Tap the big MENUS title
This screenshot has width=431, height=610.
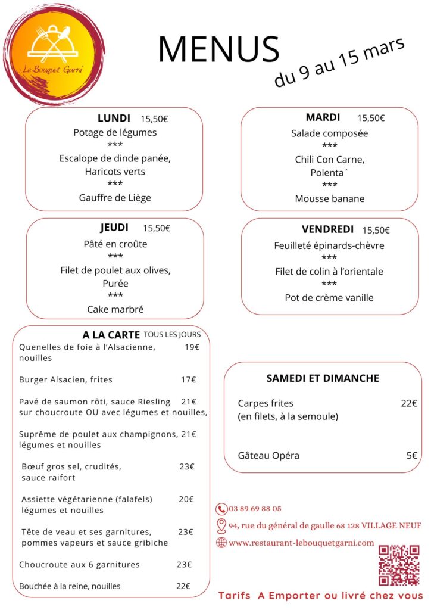pos(218,49)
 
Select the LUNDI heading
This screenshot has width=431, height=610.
pos(114,118)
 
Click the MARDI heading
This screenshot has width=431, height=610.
pos(323,117)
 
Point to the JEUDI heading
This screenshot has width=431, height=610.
pos(114,228)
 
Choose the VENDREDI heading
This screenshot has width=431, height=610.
pos(327,229)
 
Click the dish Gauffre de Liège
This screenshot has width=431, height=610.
pos(115,198)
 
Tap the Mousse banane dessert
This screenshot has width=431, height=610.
pos(329,198)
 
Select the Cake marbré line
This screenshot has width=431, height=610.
pos(115,309)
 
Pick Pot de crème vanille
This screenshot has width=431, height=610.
pos(329,297)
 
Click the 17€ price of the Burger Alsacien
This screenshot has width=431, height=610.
pos(189,379)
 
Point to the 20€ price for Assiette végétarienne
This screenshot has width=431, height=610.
pos(186,499)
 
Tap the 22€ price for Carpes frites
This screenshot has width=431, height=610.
pos(409,403)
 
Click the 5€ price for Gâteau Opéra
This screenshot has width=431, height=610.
pos(412,456)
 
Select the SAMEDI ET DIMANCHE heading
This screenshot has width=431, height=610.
pos(323,378)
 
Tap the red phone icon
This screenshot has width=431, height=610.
pos(221,509)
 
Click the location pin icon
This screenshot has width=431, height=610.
pos(221,525)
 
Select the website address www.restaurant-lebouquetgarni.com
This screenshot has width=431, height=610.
pos(301,543)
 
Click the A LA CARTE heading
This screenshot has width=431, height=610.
pos(111,335)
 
